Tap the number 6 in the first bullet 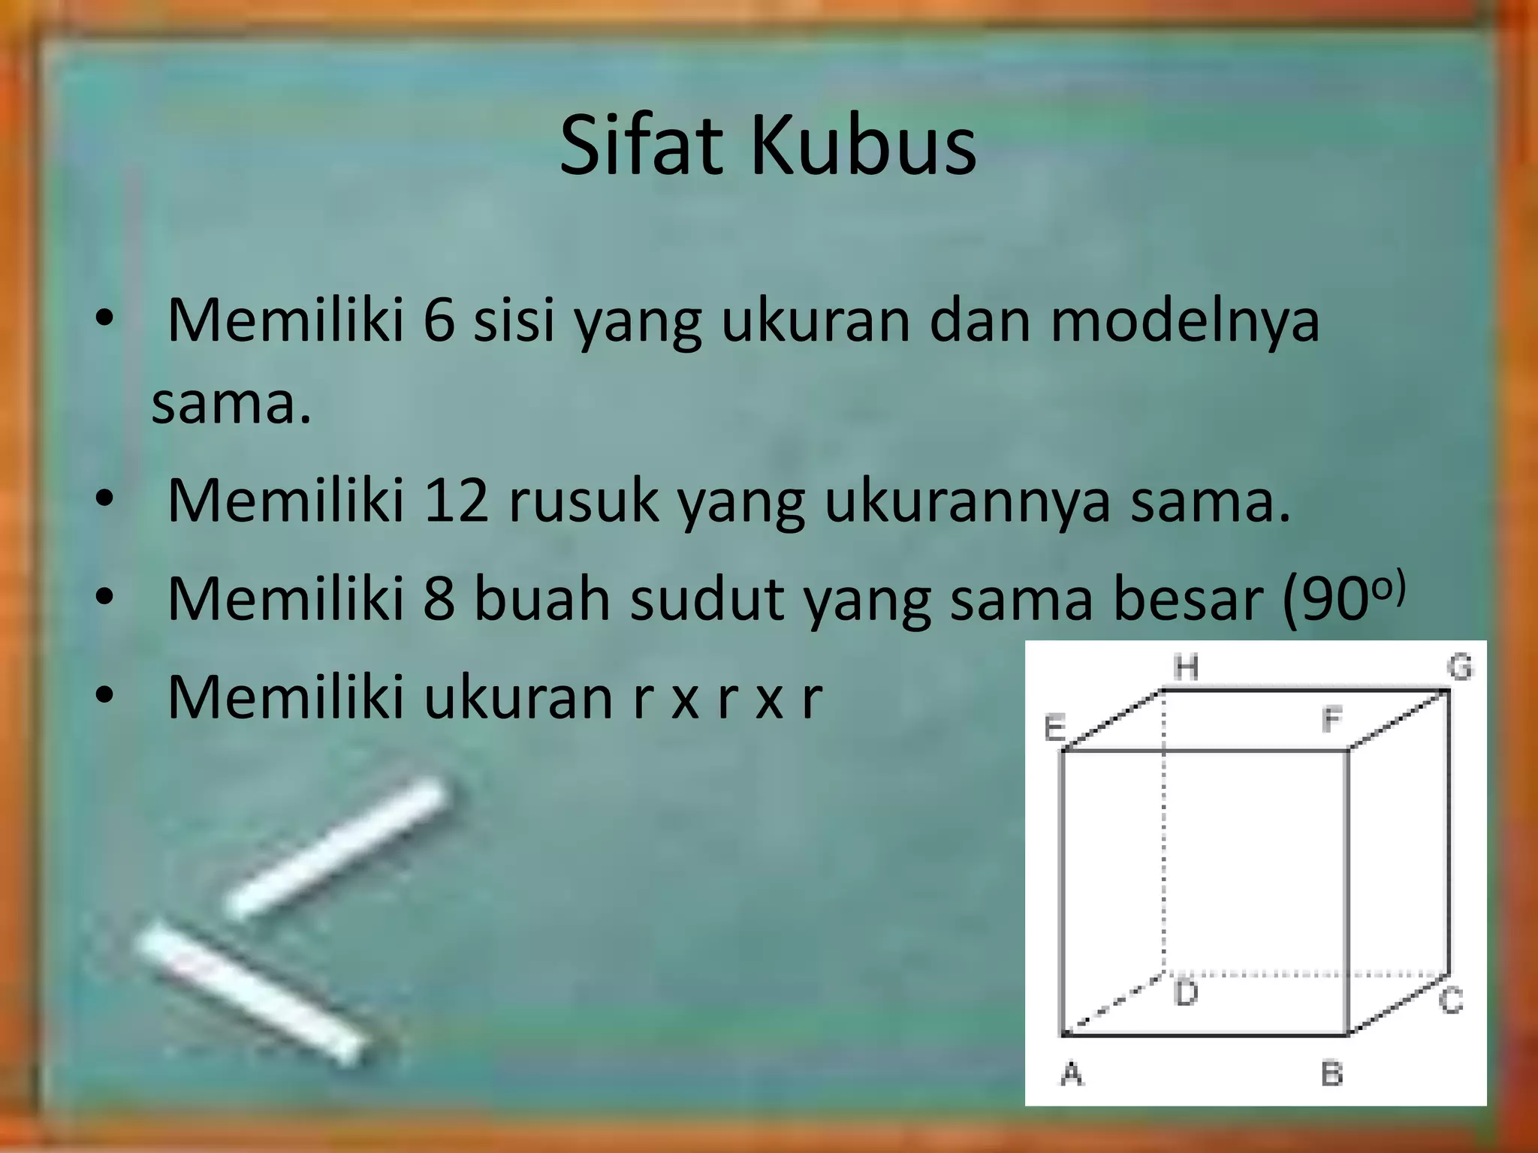point(439,321)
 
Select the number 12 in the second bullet point(456,501)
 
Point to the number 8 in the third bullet point(439,599)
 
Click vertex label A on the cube point(1072,1074)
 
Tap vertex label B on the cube point(1331,1074)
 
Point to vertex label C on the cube point(1451,1001)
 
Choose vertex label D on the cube point(1186,993)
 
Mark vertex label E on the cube point(1055,728)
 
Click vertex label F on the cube point(1331,720)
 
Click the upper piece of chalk point(338,846)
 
